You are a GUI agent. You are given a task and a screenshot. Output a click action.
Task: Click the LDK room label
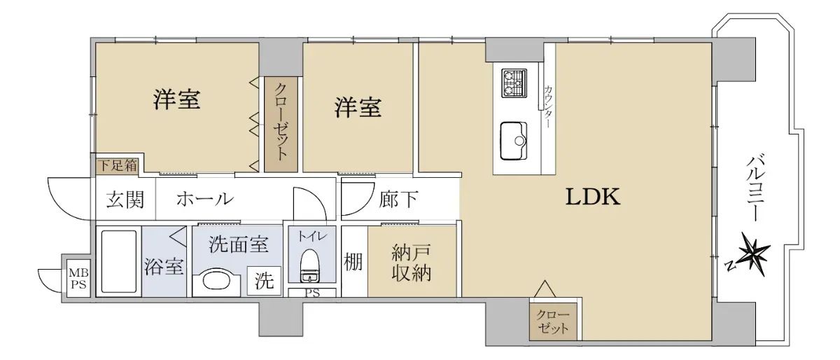point(592,197)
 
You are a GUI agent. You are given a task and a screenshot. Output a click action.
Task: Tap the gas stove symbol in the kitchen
point(514,83)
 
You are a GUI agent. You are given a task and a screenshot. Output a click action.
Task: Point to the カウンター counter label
point(548,106)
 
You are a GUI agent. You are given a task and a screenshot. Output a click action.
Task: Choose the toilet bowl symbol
point(309,265)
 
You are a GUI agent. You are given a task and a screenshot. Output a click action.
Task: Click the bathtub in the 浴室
point(119,261)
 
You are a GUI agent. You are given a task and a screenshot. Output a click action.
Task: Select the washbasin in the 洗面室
point(217,284)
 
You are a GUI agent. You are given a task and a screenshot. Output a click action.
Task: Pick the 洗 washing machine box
point(265,281)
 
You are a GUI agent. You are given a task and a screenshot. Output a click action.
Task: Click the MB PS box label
point(78,278)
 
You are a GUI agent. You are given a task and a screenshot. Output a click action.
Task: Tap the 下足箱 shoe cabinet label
point(118,165)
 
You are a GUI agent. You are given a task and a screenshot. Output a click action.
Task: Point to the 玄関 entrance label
point(125,200)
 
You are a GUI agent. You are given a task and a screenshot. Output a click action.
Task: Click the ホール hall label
point(205,199)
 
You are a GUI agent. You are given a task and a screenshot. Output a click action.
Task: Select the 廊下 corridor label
point(398,200)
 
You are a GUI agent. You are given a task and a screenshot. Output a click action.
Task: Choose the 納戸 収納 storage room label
point(412,263)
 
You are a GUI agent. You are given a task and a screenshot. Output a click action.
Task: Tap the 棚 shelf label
point(353,262)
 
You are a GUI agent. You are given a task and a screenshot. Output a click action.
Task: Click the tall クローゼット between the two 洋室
point(281,125)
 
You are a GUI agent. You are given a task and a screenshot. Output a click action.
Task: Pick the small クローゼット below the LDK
point(553,321)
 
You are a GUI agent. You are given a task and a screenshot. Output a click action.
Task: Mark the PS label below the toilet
point(312,293)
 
